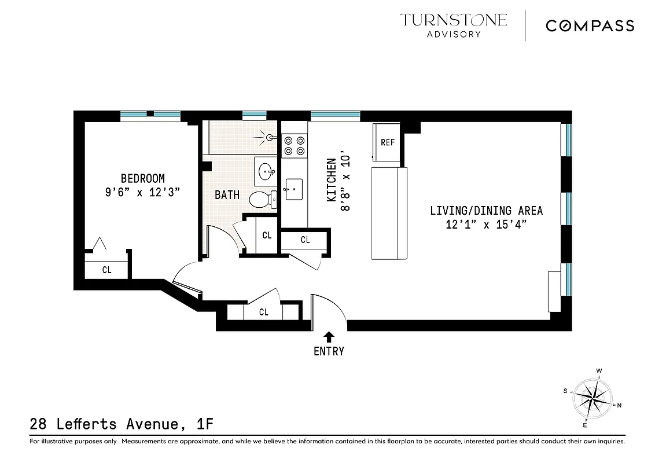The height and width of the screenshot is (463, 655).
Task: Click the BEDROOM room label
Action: click(142, 178)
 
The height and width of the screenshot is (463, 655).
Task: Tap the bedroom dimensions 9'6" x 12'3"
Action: click(142, 193)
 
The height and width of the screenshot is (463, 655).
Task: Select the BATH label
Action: click(227, 194)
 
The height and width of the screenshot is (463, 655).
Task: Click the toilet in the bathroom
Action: click(263, 200)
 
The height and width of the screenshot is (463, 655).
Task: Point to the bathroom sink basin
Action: click(266, 171)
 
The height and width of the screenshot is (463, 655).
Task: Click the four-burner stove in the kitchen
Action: click(293, 145)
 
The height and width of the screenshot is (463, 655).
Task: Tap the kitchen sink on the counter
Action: click(293, 189)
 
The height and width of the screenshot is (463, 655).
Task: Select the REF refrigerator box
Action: click(387, 142)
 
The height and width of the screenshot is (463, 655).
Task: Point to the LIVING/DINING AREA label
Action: click(486, 211)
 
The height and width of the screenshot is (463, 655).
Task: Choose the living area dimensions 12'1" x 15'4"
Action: click(486, 225)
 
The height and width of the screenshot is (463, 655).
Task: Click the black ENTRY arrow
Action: click(329, 336)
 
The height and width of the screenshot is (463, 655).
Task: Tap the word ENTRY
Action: click(329, 351)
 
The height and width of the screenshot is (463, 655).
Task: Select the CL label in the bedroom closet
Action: click(107, 269)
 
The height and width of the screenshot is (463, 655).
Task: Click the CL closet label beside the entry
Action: click(264, 312)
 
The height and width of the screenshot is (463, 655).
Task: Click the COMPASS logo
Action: click(590, 25)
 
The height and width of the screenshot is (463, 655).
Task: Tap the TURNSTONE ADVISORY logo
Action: click(454, 25)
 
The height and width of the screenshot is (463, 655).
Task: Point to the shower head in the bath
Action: click(268, 138)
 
